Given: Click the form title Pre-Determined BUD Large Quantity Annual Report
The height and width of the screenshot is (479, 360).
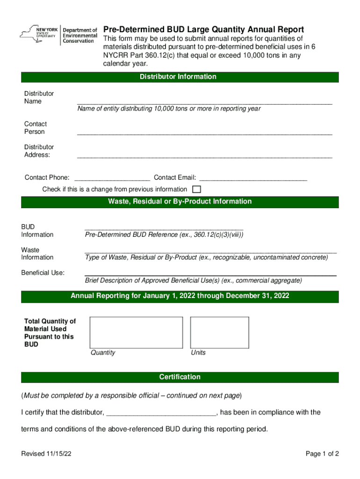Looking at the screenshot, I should (203, 29).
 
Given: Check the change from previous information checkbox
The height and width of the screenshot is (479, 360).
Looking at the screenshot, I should (197, 189).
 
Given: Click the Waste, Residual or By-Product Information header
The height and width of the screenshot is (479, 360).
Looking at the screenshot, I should (180, 202).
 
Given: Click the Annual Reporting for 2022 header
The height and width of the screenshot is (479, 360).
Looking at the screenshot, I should (180, 296).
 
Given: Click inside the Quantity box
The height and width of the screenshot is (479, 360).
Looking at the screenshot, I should (136, 332).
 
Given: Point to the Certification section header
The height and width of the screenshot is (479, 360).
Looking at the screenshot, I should (180, 377).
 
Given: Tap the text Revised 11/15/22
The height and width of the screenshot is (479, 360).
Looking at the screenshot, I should (46, 454).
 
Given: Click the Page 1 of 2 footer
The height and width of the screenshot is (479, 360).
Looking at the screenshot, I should (322, 454).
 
